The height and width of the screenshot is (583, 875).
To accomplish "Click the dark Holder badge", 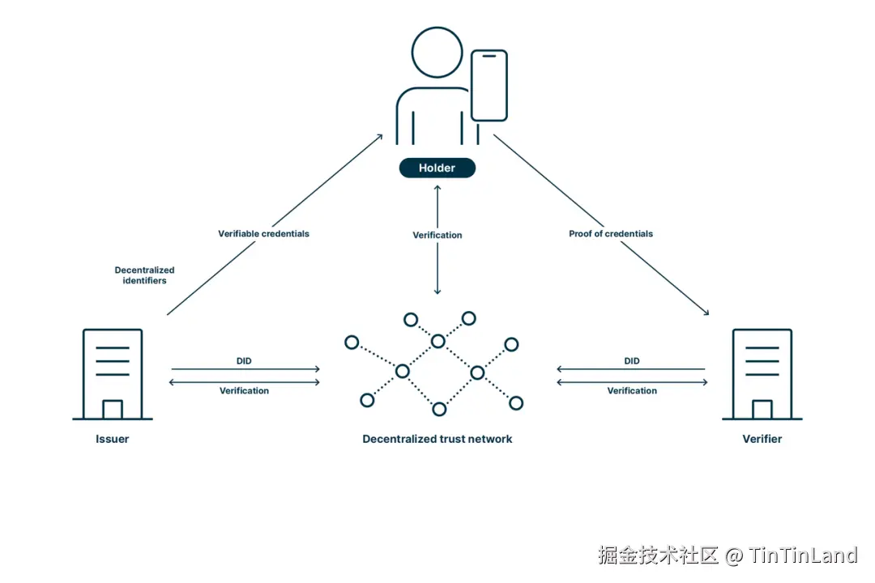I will (x=437, y=168).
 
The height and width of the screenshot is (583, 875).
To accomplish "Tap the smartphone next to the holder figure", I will (x=489, y=86).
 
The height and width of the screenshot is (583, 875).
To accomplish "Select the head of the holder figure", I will (x=437, y=51).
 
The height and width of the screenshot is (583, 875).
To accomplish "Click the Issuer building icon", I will (x=112, y=373).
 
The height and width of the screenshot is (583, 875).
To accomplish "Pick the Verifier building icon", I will (x=762, y=373).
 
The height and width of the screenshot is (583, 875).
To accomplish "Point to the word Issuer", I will (x=112, y=439).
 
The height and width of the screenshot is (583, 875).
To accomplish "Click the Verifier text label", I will (x=762, y=439).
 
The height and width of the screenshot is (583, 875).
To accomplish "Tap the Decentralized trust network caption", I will (x=437, y=439).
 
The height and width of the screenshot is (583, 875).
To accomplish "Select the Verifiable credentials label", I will (x=263, y=233).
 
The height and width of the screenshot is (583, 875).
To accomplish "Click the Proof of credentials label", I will (x=610, y=233).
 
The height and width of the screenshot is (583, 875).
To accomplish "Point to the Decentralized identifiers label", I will (x=144, y=275).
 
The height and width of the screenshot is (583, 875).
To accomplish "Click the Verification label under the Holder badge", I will (x=437, y=235).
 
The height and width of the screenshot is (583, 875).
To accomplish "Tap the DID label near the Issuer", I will (x=244, y=361).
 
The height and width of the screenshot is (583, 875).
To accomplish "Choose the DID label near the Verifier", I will (x=631, y=361).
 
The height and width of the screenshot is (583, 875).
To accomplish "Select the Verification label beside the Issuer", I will (x=244, y=390).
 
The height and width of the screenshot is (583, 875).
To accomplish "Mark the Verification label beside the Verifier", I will (x=631, y=390).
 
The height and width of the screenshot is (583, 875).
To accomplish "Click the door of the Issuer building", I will (x=112, y=409).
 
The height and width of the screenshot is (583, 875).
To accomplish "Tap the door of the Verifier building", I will (x=762, y=409).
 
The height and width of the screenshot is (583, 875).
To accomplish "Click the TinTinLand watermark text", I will (x=802, y=555).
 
